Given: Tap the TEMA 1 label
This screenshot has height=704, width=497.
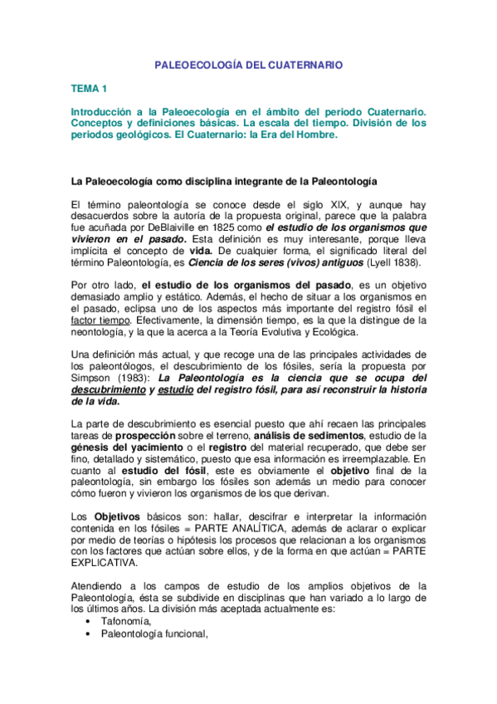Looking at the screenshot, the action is pos(88,87).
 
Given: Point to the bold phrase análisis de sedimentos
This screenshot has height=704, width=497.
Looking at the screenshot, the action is pos(295,435).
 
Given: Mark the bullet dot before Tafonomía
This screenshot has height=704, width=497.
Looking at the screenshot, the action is pos(89,620).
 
